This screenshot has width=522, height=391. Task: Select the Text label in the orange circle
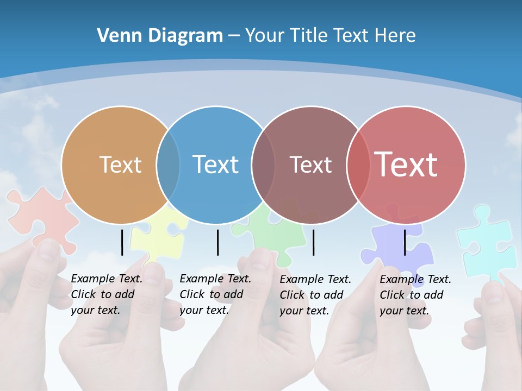click(x=120, y=165)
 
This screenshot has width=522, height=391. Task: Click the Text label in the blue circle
click(x=216, y=165)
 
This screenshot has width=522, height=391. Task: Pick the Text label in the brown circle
click(x=310, y=165)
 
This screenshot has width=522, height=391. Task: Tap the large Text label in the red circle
click(x=406, y=165)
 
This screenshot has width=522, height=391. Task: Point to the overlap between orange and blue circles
click(x=169, y=165)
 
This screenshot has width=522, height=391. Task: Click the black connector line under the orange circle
click(x=122, y=242)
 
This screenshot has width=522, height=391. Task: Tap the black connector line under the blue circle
click(x=217, y=242)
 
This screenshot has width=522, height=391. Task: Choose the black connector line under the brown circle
click(x=314, y=242)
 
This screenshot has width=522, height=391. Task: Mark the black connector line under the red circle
click(x=405, y=242)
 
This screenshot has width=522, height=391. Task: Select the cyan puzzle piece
click(x=487, y=242)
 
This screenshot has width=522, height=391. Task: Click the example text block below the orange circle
click(x=107, y=294)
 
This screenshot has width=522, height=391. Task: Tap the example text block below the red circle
click(x=415, y=295)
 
